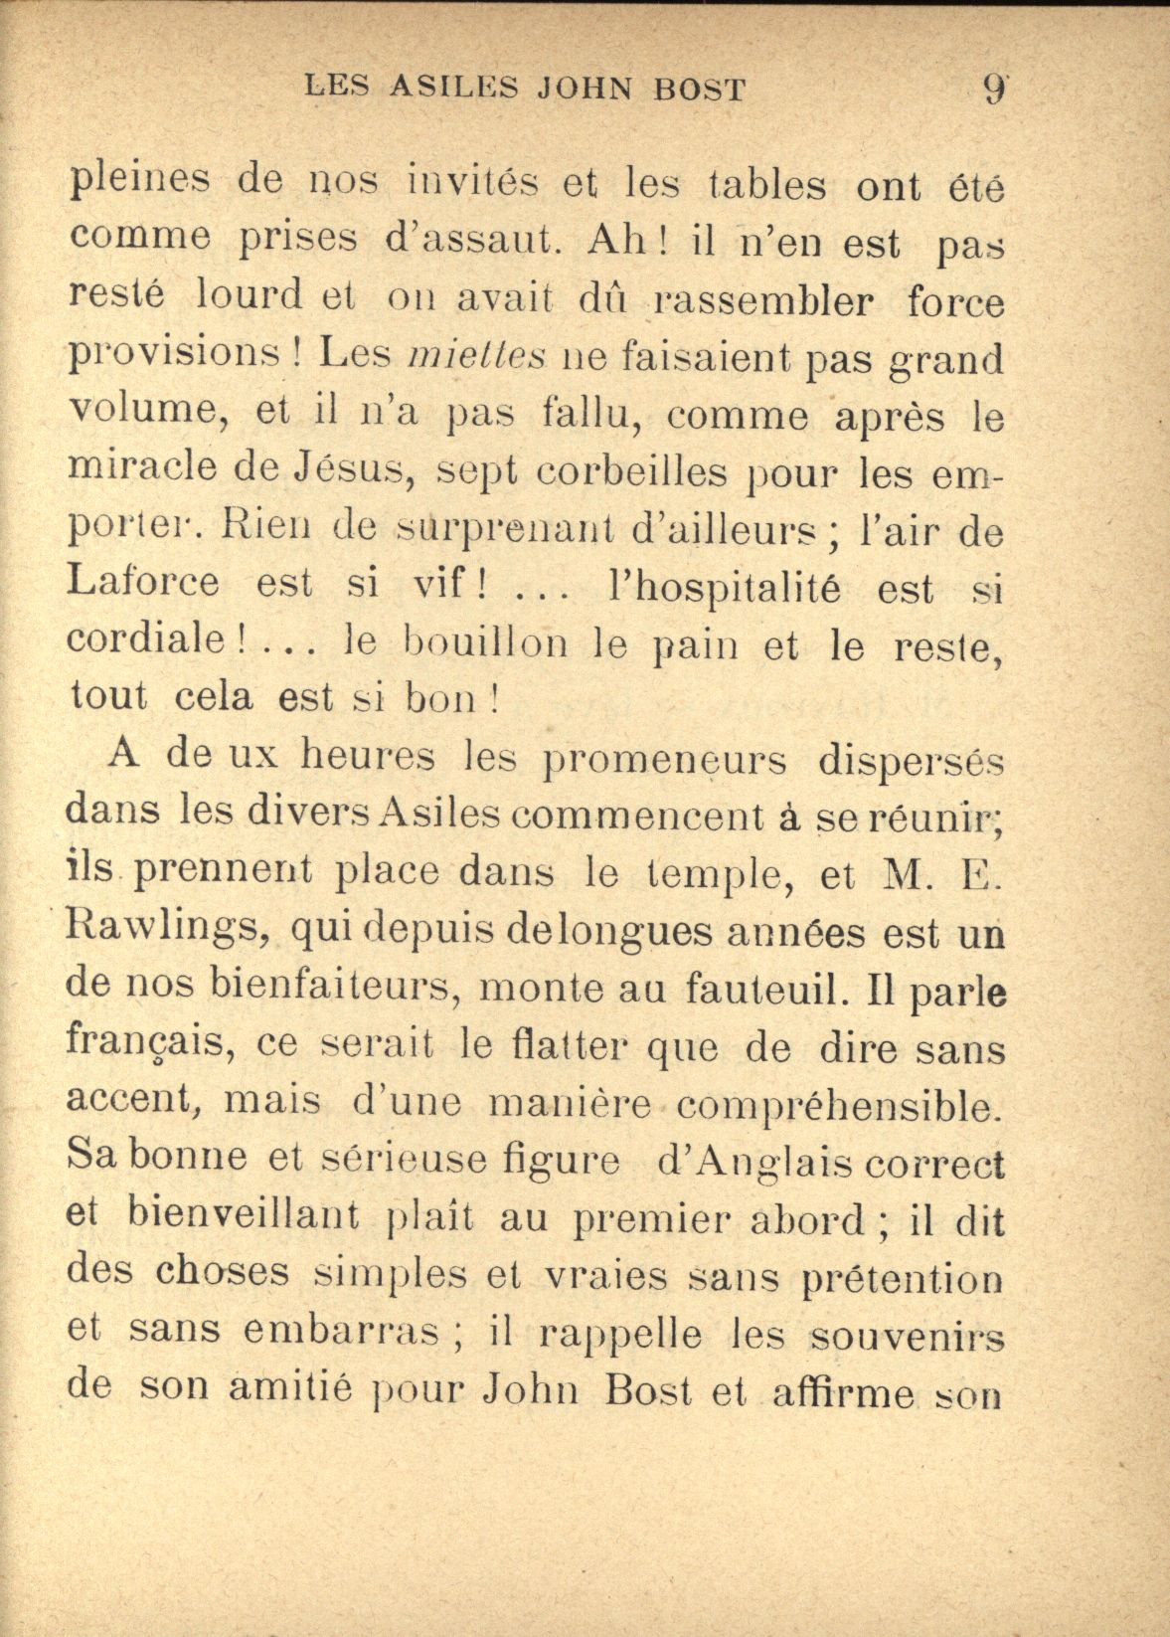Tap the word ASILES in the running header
coord(453,90)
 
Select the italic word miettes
coord(477,355)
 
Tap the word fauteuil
coord(771,989)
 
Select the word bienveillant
coord(244,1217)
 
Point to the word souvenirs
coord(906,1338)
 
